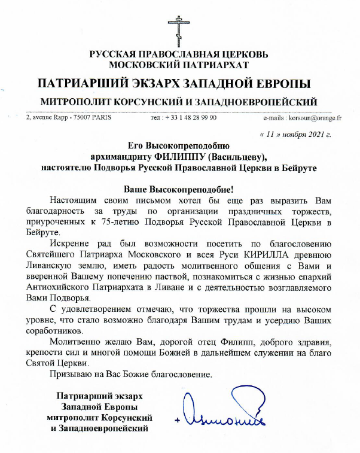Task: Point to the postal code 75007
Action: coord(77,118)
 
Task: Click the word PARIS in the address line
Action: coord(99,118)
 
